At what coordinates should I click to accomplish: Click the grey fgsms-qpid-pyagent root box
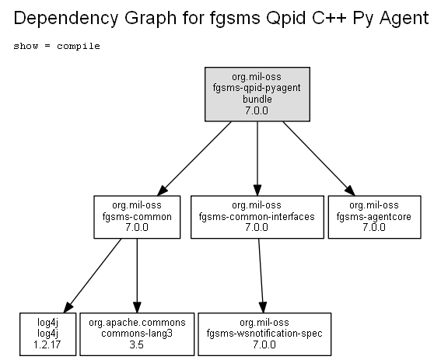257,94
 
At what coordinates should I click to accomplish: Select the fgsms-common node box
137,217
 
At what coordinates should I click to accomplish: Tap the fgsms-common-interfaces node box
257,217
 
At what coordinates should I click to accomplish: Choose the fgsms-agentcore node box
375,217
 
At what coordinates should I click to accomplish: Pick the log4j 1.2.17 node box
47,334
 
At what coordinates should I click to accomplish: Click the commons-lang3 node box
137,334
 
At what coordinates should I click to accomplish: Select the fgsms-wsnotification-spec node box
264,334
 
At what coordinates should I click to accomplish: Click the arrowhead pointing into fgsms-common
163,190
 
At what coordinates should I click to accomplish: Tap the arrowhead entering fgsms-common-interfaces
257,190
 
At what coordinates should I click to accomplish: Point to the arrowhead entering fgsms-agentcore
350,190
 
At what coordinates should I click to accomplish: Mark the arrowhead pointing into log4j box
68,307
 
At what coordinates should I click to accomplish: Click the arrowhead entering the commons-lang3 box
137,307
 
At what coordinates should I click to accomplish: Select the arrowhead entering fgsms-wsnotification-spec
263,307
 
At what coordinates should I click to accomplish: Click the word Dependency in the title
66,19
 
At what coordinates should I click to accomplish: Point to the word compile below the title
79,46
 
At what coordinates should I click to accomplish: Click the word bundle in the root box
257,100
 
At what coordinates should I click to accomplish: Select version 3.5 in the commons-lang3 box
137,344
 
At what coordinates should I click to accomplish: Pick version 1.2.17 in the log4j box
47,344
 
